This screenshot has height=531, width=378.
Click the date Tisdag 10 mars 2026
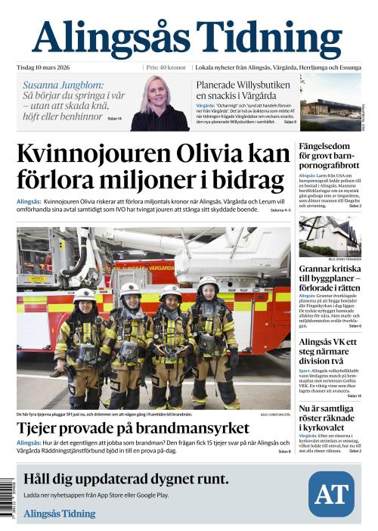[x=51, y=67]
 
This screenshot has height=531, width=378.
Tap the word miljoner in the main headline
[x=184, y=181]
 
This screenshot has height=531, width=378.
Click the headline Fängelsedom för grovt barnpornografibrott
[x=330, y=156]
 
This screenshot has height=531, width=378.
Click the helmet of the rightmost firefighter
[x=208, y=285]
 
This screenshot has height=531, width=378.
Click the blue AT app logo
[x=330, y=494]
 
